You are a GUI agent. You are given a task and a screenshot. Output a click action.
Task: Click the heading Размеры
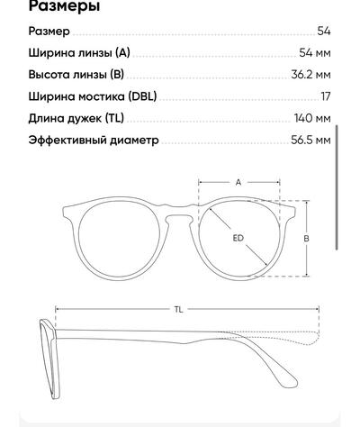pos(64,6)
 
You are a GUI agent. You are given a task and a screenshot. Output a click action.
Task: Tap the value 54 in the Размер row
pos(324,31)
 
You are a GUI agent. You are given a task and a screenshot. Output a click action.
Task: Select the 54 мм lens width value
pos(315,53)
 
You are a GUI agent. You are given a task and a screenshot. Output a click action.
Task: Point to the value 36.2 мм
pos(311,75)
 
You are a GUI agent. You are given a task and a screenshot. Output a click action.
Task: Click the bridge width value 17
pos(326,96)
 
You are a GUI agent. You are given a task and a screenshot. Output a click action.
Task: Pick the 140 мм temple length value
pos(312,118)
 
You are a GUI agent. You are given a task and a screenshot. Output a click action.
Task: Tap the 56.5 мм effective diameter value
pos(311,140)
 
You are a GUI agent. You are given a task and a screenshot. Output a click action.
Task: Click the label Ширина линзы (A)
pos(79,53)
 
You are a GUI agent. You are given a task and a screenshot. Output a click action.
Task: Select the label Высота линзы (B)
pos(76,75)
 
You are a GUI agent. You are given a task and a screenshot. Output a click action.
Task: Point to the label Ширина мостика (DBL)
pos(93,96)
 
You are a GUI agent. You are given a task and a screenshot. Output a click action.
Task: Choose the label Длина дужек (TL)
pos(76,118)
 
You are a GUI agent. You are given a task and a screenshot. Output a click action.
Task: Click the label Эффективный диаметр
pos(94,141)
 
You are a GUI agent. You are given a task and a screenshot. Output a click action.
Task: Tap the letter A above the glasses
pos(238,182)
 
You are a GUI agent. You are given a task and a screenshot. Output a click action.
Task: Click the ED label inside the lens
pos(238,238)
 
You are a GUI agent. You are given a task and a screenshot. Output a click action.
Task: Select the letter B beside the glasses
pos(306,239)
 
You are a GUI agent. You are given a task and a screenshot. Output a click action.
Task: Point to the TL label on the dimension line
pos(178,309)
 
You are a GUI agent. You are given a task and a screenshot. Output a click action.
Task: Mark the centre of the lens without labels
pos(120,240)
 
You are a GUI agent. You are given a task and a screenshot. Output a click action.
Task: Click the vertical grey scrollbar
pos(337,187)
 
